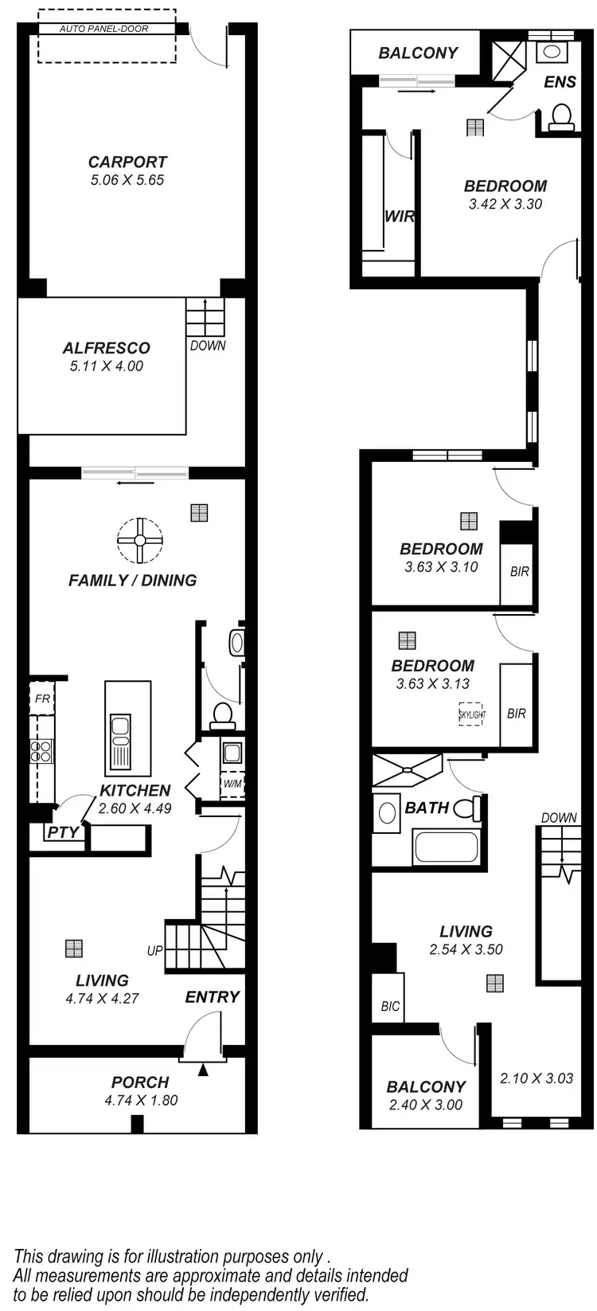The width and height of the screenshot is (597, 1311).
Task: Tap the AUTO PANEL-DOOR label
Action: coord(104,29)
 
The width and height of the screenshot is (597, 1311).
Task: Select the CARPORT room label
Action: coord(127,162)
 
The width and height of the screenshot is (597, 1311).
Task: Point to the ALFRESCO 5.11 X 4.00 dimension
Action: coord(106,366)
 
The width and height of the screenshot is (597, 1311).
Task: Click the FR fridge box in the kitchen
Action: coord(41,699)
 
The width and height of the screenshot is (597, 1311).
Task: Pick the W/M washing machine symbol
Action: coord(232,784)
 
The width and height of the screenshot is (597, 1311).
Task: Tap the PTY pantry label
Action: coord(63,832)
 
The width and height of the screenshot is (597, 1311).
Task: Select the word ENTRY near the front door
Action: coord(212,996)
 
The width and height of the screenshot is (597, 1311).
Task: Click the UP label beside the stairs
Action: coord(154,950)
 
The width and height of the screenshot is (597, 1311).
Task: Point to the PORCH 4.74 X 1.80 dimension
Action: coord(140,1100)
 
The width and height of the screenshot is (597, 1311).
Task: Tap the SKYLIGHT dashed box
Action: coord(471,714)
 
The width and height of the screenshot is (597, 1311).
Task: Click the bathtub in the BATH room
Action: coord(446,846)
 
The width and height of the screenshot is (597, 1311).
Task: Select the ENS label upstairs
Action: coord(560,82)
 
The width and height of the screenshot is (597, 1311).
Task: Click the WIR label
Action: coord(400,217)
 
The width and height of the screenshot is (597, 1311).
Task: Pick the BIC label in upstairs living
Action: coord(389,1006)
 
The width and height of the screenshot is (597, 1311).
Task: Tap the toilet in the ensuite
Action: coord(562,116)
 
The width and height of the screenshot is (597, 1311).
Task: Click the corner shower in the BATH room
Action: coord(406,770)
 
